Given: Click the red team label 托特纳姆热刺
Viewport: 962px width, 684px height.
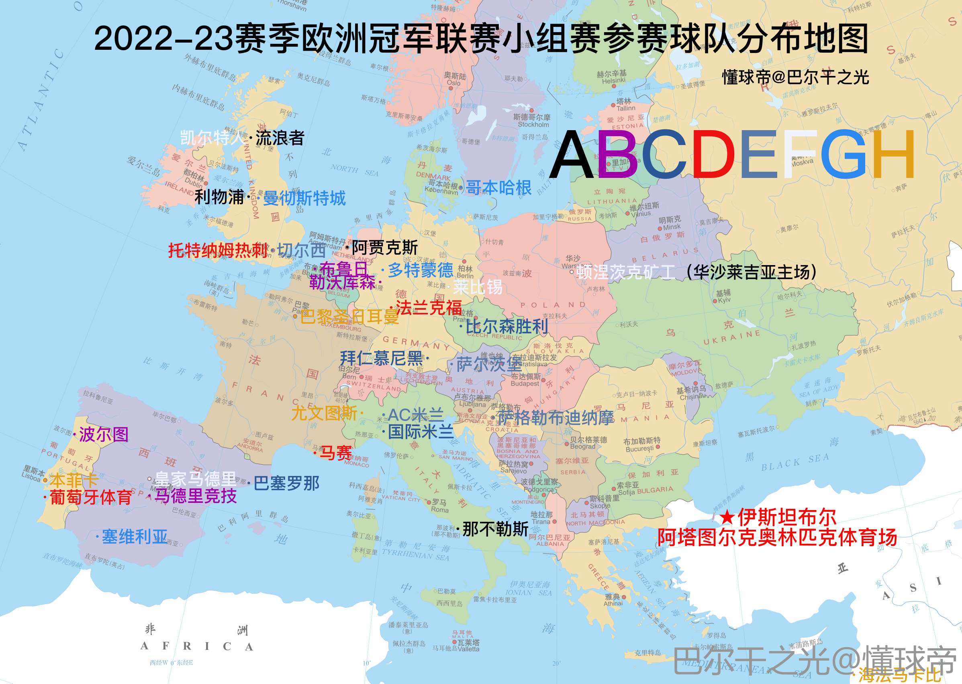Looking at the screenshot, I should [x=218, y=251].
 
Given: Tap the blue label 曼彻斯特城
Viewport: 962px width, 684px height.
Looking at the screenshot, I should [x=304, y=198].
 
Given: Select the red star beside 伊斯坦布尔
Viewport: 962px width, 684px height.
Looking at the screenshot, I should [x=727, y=517].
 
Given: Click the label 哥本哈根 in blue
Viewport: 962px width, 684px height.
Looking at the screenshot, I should [x=499, y=188].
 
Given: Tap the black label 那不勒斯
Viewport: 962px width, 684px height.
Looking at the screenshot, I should [x=495, y=529].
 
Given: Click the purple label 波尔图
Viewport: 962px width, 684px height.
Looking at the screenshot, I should [x=104, y=434].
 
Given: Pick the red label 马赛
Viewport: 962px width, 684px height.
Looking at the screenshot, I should [x=336, y=453].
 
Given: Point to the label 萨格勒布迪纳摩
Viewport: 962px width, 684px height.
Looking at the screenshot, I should [x=556, y=418].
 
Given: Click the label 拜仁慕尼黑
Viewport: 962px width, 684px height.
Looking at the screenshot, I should [x=382, y=358].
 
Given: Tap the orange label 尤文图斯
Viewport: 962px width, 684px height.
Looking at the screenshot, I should [x=324, y=413].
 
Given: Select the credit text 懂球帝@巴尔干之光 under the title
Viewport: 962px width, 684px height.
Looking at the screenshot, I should [x=795, y=77].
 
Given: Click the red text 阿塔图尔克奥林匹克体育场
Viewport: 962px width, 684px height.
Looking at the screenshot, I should [x=778, y=537].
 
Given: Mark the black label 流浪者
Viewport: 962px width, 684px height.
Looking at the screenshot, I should [x=280, y=138].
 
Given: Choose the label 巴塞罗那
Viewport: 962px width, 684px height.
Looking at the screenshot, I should [x=286, y=483].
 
